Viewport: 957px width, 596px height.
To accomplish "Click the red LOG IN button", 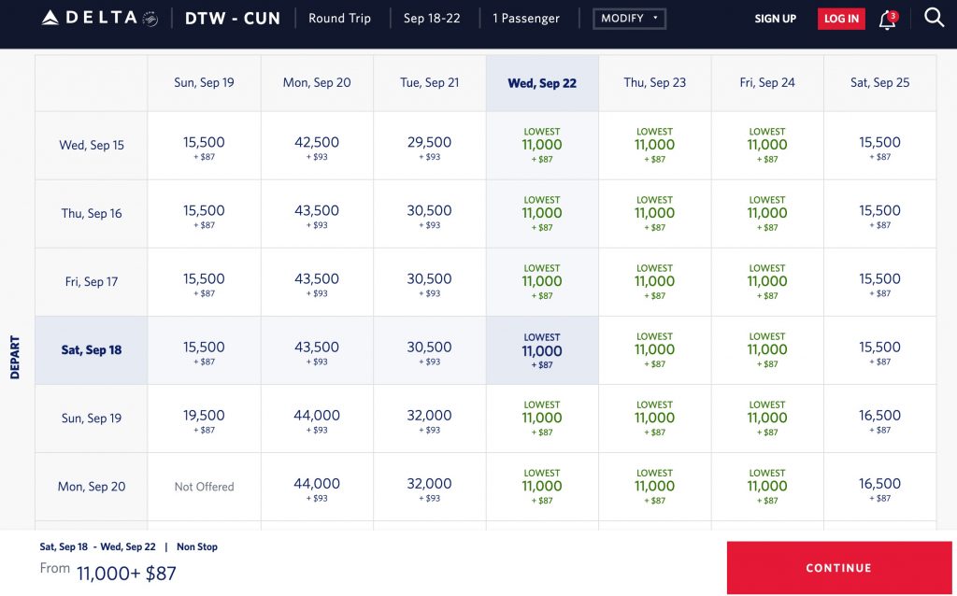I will point(841,19).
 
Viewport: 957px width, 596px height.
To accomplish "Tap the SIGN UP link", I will point(776,19).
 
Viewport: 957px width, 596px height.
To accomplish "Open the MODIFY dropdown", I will point(629,19).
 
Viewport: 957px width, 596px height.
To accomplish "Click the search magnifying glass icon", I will point(934,17).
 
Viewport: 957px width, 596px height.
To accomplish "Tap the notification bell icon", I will point(887,20).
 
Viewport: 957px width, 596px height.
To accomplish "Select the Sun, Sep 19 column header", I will point(204,82).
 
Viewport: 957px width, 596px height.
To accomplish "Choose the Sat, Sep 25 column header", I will point(879,82).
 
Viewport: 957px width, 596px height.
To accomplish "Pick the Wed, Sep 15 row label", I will point(92,145).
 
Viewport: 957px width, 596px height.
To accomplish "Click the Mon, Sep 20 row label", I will point(92,486).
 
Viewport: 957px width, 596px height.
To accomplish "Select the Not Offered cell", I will point(204,486).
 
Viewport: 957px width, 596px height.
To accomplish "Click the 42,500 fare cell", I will point(317,147).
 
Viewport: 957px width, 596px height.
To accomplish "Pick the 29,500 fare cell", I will point(429,147).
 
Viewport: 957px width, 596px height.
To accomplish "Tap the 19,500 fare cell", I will point(204,419).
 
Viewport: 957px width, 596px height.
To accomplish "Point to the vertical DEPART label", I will point(15,357).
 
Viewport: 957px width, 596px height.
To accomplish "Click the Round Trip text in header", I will point(339,19).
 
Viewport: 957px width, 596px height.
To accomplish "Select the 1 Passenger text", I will point(526,19).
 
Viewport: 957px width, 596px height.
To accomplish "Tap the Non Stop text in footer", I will point(197,546).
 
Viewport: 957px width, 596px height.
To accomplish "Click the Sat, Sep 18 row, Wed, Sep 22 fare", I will point(542,351).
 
